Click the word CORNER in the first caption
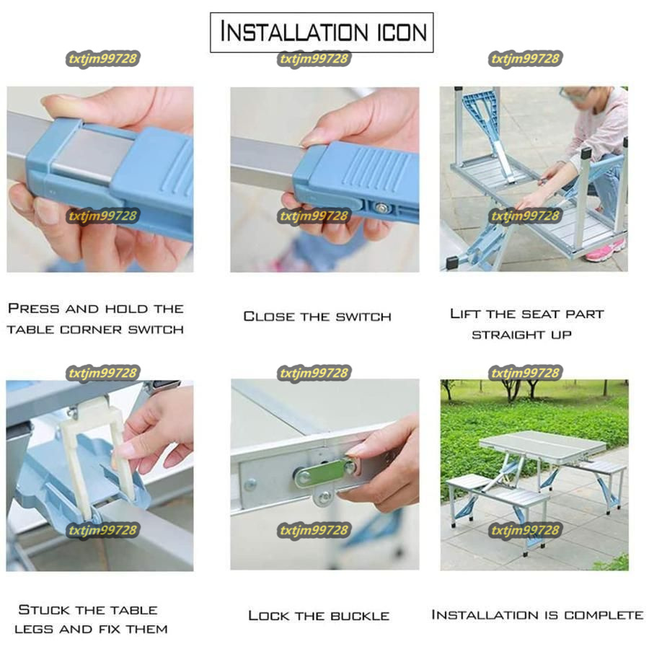(x=91, y=330)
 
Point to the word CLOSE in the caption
(x=269, y=317)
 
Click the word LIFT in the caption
(x=465, y=314)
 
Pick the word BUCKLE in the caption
(x=359, y=616)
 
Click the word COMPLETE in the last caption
(x=604, y=615)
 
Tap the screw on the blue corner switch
(x=380, y=208)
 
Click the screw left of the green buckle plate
(x=250, y=485)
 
